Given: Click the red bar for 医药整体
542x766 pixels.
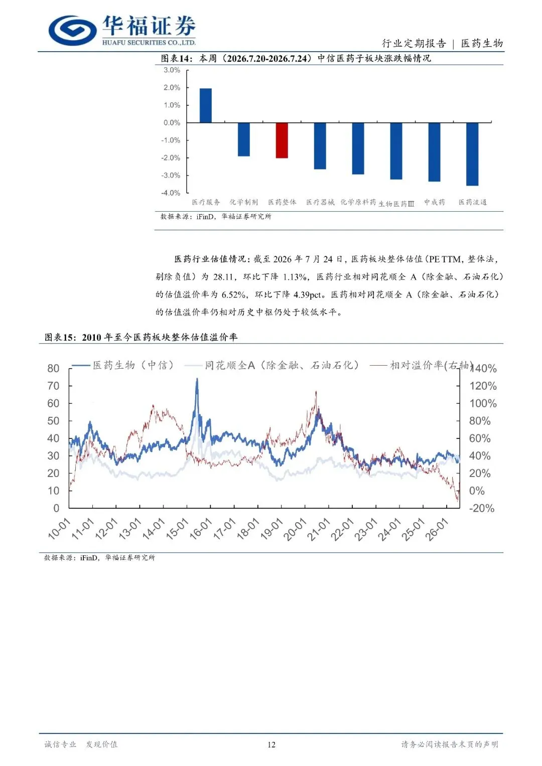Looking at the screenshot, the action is pos(282,140).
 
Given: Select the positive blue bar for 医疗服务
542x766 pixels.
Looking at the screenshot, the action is pos(206,105).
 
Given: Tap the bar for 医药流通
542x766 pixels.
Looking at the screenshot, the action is pos(472,154).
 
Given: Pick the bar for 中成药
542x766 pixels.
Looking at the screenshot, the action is pos(434,152).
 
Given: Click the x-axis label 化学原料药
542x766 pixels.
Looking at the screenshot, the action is pos(358,202).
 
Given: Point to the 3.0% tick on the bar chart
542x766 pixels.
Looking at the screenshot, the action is pos(172,70).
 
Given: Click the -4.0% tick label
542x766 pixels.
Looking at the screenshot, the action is pos(171,193).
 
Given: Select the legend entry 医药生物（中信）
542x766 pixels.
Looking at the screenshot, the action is pos(123,366).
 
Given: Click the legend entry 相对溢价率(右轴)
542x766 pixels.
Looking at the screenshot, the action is pos(421,366).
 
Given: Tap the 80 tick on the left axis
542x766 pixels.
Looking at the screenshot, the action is pos(53,368).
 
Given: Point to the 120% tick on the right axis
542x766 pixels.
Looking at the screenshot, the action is pos(483,386).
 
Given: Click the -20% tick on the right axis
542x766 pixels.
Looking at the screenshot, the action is pos(482,508).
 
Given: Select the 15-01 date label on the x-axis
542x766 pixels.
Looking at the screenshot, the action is pos(177,529).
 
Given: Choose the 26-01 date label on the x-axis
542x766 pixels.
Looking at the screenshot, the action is pos(436,529).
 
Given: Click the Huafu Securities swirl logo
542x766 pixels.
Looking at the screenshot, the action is pos(73,31).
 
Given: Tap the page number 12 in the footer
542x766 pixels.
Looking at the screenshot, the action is pos(272,744).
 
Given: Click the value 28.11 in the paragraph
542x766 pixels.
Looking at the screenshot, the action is pos(223,276).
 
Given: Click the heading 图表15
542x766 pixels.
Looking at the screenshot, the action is pos(59,338).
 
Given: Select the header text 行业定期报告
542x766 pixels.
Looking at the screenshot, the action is pos(414,44).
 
